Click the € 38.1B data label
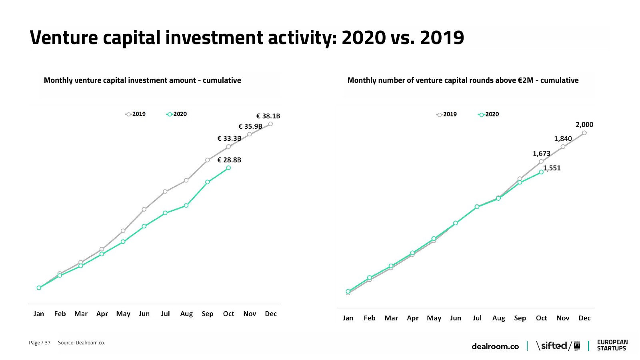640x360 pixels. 268,116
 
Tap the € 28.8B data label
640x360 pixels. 229,160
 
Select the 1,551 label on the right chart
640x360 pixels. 552,168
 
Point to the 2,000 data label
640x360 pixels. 584,125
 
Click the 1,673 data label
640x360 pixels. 542,154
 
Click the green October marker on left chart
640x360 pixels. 228,168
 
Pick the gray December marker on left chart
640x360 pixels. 271,124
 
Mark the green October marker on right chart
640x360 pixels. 541,172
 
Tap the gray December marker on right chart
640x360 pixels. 584,133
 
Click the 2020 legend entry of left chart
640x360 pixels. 177,114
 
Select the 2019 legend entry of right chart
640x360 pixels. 447,114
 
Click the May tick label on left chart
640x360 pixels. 123,314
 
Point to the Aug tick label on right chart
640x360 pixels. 498,318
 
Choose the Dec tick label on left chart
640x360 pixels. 271,314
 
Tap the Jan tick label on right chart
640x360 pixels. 348,318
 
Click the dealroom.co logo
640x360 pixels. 495,346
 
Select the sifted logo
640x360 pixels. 554,346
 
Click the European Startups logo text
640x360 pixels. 612,345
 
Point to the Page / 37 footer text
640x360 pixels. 40,343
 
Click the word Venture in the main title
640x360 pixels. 64,38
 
